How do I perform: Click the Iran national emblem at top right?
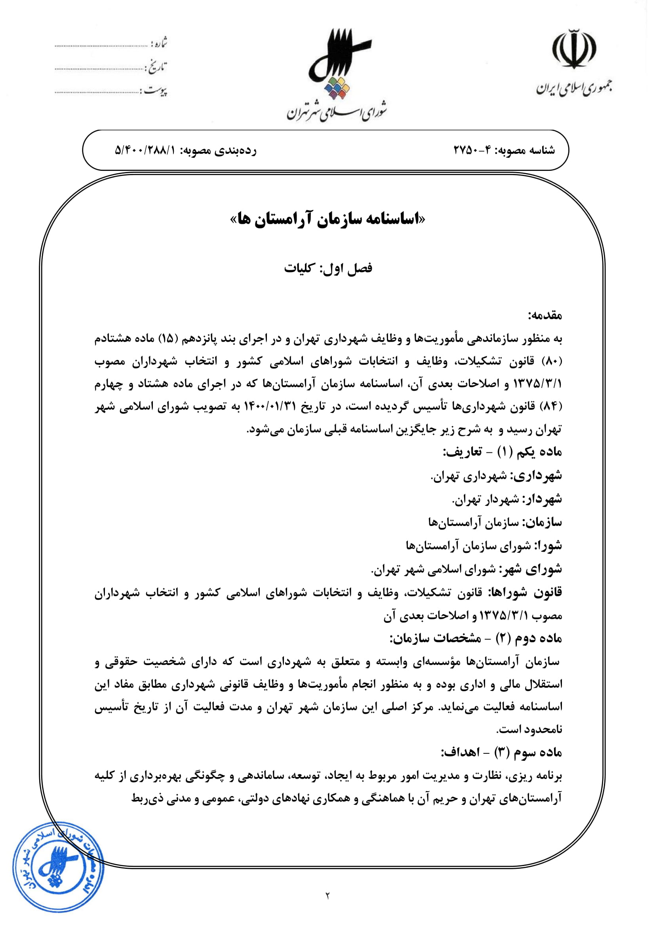pos(574,49)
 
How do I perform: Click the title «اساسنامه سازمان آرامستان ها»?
pos(327,219)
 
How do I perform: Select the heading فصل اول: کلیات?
pos(328,268)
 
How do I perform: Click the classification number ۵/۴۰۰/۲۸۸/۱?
pos(146,150)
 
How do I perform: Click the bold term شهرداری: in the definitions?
pos(537,476)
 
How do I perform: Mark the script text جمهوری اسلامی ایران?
pos(574,87)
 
